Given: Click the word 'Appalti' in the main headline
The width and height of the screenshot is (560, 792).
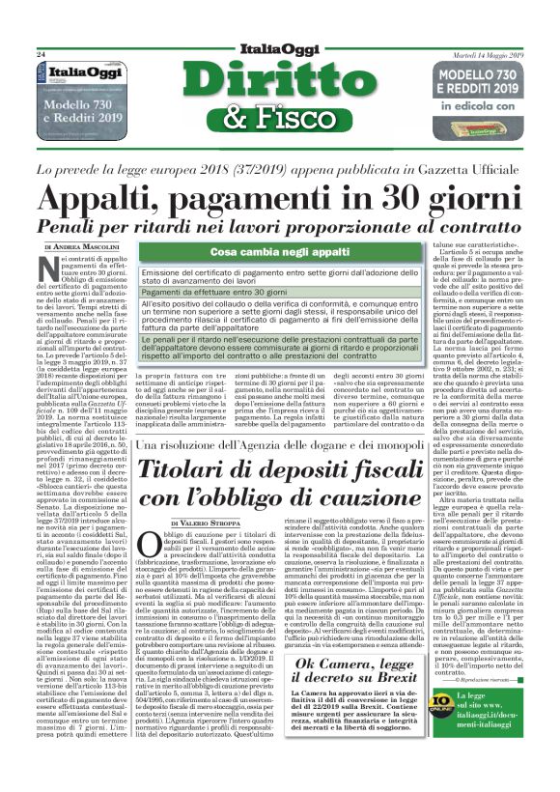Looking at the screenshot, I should pyautogui.click(x=97, y=197).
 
